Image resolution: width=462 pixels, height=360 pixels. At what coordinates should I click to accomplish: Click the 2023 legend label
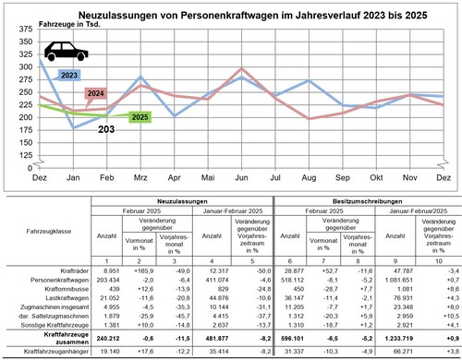[68, 74]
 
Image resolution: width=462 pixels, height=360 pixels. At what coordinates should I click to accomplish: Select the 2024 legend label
[97, 94]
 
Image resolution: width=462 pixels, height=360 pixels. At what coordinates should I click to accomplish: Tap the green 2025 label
[140, 116]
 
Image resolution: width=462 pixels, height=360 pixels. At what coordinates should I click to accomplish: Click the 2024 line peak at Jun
[242, 68]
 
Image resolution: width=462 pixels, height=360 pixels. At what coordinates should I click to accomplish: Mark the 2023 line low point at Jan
[74, 127]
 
